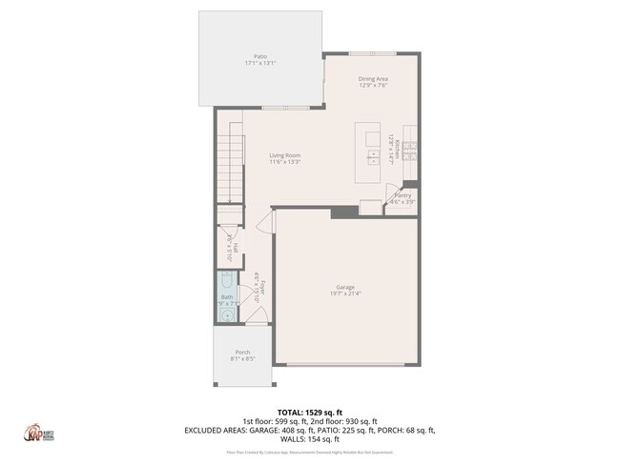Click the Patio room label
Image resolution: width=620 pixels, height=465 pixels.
[259, 60]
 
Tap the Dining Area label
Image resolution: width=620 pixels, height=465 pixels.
[373, 81]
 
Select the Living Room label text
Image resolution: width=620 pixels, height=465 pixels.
[284, 158]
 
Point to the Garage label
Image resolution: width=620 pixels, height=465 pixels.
[344, 290]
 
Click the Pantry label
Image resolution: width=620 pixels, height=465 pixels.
[403, 198]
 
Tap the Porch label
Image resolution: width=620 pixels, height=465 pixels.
[243, 355]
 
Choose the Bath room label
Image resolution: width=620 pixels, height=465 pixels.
[227, 300]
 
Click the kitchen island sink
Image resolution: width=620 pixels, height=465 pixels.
[371, 153]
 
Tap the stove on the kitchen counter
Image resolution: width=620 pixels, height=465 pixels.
[410, 148]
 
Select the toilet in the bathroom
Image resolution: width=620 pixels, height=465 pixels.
[227, 282]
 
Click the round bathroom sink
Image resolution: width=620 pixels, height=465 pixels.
[226, 318]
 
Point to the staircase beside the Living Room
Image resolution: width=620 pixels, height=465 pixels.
[229, 168]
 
